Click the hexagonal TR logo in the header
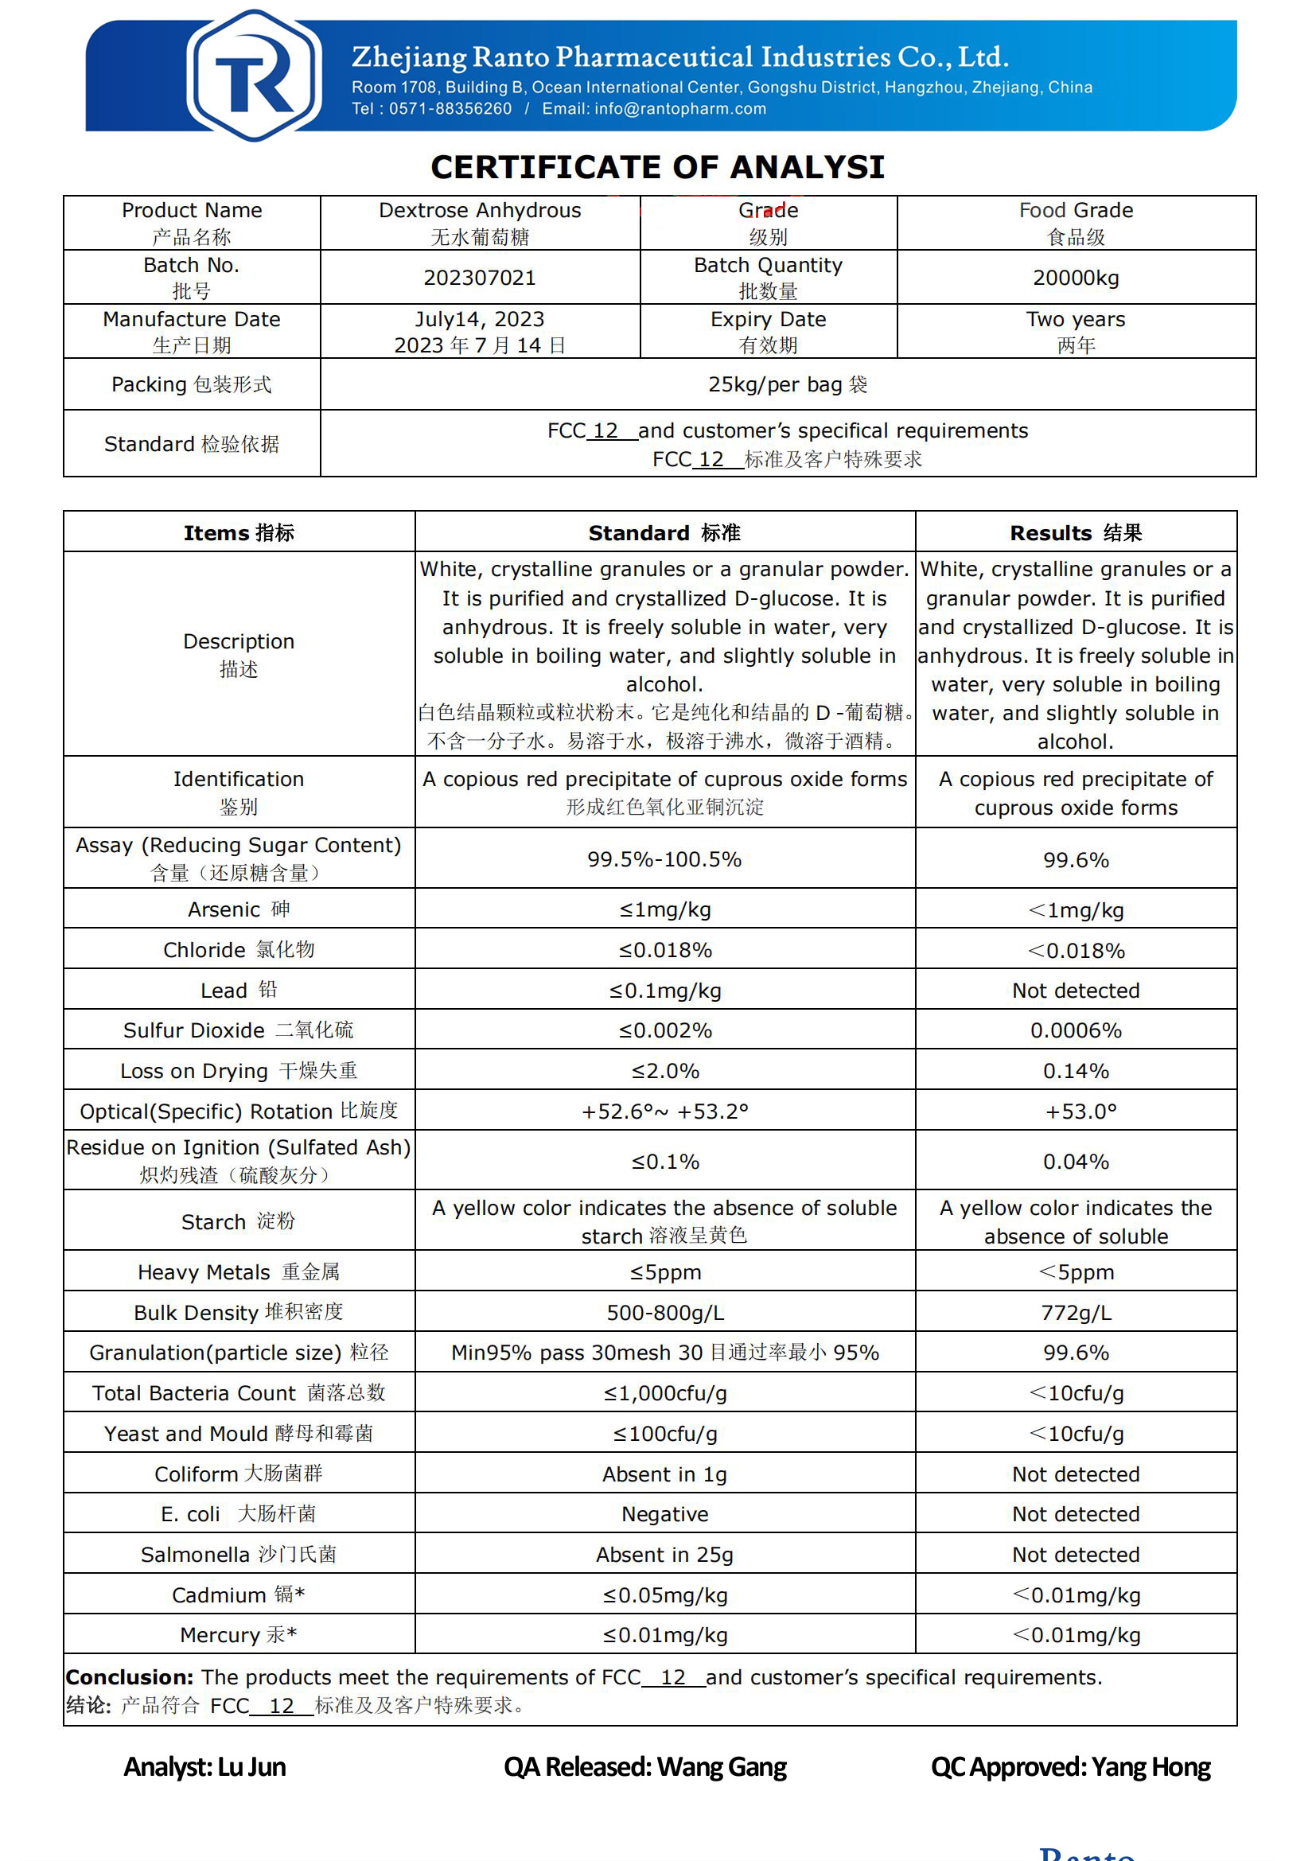pyautogui.click(x=254, y=75)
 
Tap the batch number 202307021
pyautogui.click(x=480, y=278)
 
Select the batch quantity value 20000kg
pyautogui.click(x=1076, y=278)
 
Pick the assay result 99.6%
pyautogui.click(x=1076, y=859)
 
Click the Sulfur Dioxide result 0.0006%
pyautogui.click(x=1076, y=1030)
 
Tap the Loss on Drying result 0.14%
pyautogui.click(x=1076, y=1071)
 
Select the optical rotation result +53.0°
pyautogui.click(x=1080, y=1112)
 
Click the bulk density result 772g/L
pyautogui.click(x=1076, y=1312)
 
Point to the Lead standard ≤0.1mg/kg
pyautogui.click(x=664, y=991)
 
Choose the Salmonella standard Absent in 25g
pyautogui.click(x=664, y=1555)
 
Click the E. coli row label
pyautogui.click(x=238, y=1514)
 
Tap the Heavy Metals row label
pyautogui.click(x=238, y=1271)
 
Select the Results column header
pyautogui.click(x=1076, y=532)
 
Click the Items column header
pyautogui.click(x=238, y=532)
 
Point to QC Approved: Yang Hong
pyautogui.click(x=1069, y=1767)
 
